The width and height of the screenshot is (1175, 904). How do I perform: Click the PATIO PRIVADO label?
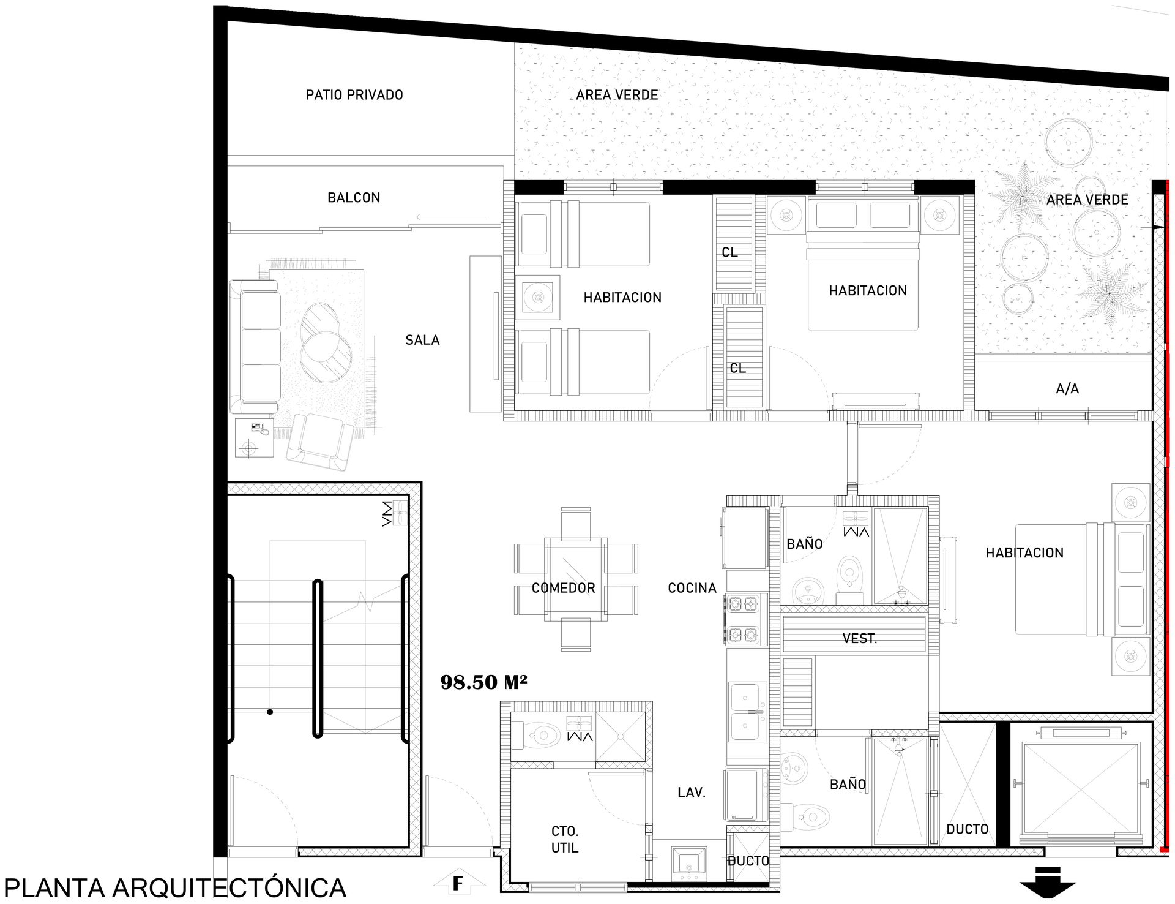point(354,95)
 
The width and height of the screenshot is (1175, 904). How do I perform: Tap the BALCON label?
point(354,198)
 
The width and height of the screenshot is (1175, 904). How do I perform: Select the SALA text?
point(422,340)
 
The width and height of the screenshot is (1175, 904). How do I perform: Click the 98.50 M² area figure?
point(483,682)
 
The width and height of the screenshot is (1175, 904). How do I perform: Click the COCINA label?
point(692,588)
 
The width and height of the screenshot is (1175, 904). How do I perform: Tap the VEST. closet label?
point(859,639)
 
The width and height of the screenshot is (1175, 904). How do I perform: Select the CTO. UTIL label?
point(565,840)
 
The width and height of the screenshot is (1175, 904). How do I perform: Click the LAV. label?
point(692,793)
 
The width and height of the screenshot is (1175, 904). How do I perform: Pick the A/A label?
point(1067,388)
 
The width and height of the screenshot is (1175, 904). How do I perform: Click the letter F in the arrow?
point(457,884)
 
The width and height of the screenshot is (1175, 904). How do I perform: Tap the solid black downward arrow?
point(1047,889)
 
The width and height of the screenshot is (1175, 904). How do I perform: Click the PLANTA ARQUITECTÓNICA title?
point(175,888)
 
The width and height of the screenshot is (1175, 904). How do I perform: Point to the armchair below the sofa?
point(321,441)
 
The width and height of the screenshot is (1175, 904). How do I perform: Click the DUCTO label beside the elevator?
point(967,829)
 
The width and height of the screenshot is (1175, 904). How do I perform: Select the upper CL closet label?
point(729,252)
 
